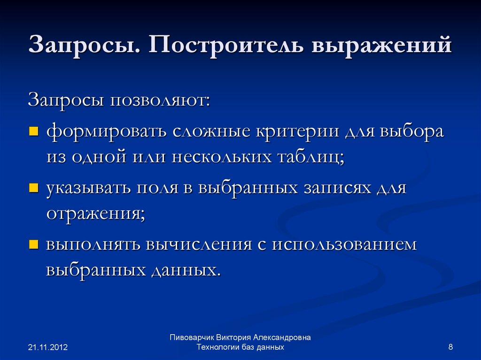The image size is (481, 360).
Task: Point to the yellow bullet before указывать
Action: (x=33, y=189)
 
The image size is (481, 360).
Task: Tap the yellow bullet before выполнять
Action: (x=33, y=245)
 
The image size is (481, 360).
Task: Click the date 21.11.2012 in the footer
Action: (x=48, y=347)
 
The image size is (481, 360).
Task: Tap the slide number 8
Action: (x=451, y=347)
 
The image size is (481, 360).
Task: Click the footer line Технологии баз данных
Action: (x=240, y=347)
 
